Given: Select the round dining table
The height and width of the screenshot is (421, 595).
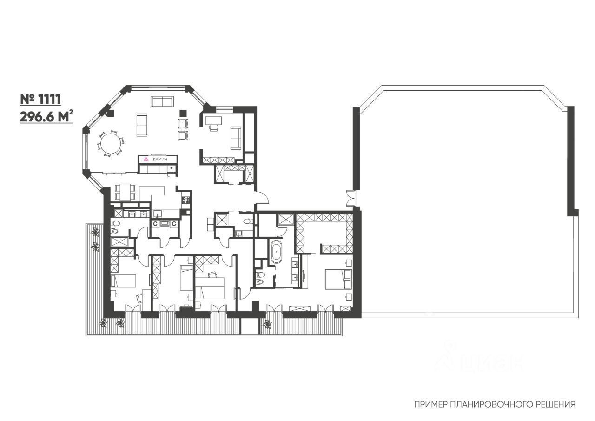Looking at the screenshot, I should click(110, 144).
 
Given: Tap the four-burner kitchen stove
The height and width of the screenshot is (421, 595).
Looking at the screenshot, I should click(186, 200).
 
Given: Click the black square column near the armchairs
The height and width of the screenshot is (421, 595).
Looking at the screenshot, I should click(183, 113).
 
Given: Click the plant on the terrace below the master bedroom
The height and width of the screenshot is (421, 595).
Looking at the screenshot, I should click(267, 324).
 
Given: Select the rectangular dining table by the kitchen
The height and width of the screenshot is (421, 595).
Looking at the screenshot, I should click(125, 191).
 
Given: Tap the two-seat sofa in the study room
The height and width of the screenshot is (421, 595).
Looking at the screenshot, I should click(236, 138).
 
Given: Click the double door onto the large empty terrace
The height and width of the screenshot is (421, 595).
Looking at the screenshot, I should click(351, 199).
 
